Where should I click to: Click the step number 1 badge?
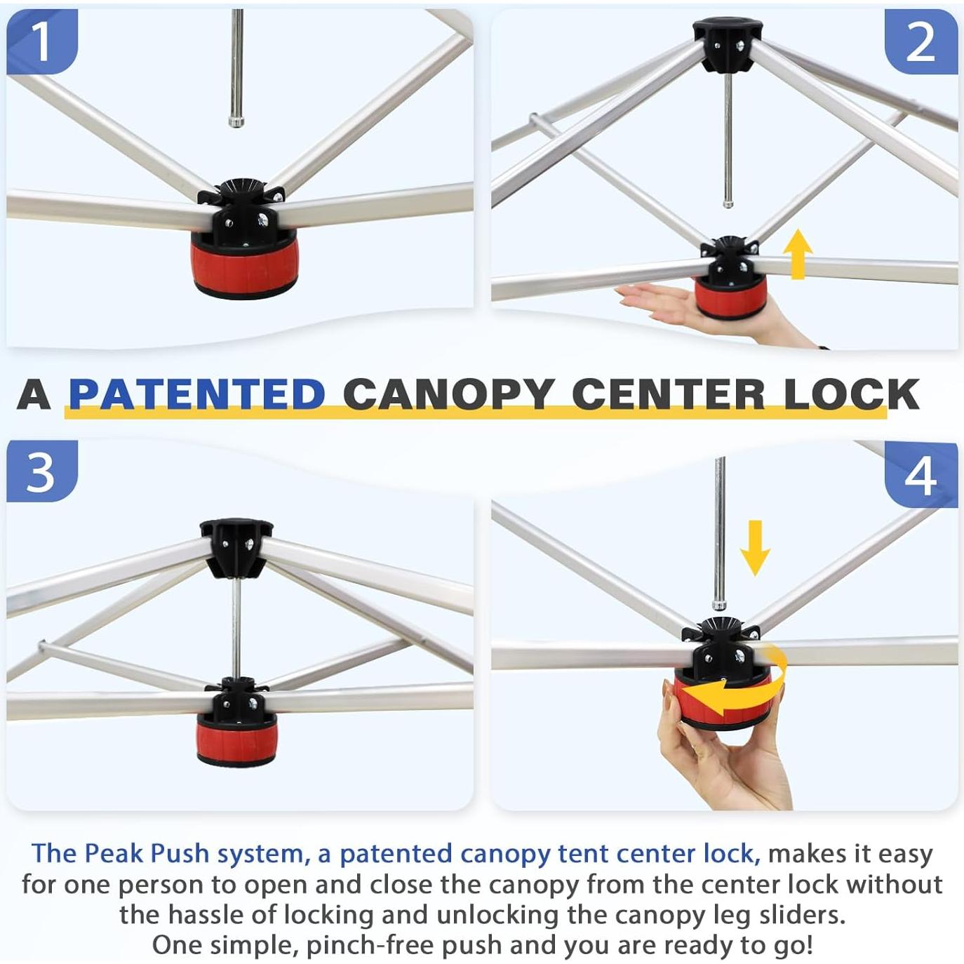pyautogui.click(x=42, y=42)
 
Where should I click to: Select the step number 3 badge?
pyautogui.click(x=42, y=471)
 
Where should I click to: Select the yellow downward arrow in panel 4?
pyautogui.click(x=755, y=548)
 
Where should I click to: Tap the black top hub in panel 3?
pyautogui.click(x=236, y=548)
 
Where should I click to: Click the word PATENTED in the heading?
pyautogui.click(x=197, y=395)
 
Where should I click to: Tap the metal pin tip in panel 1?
pyautogui.click(x=236, y=121)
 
